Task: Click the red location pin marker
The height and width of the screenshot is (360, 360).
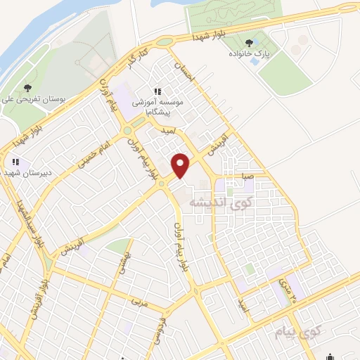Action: pos(181,165)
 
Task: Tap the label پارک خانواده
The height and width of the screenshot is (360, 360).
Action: pos(247,53)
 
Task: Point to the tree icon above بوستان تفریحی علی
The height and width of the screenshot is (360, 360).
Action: pos(27,88)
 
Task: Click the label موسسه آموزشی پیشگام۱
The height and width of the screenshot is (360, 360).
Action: pos(160,106)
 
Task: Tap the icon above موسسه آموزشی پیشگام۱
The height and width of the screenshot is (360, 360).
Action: pos(158,91)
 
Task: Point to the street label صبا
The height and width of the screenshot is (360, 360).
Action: pos(248,177)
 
